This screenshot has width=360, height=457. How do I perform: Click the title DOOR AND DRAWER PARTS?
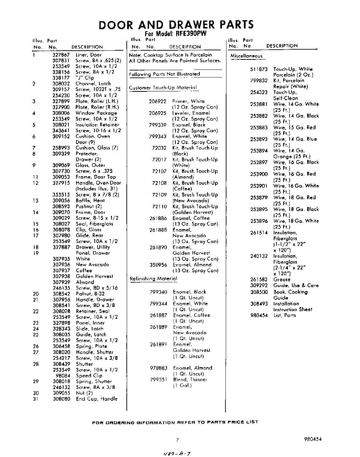click(176, 25)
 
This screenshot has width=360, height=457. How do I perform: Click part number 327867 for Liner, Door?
click(61, 55)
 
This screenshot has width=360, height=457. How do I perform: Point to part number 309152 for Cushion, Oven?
click(61, 136)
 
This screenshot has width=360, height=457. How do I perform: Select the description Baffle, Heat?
click(90, 200)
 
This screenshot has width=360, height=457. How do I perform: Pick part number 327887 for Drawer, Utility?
click(61, 247)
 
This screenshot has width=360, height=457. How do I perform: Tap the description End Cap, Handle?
click(97, 399)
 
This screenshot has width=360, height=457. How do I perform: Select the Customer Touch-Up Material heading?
click(163, 88)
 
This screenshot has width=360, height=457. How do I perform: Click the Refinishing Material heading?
click(154, 278)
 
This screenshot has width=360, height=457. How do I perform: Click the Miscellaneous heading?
click(246, 56)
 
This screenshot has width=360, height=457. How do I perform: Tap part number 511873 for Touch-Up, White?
click(259, 69)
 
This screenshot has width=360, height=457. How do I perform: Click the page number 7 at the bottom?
click(177, 440)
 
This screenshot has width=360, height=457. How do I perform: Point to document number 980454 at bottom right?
click(313, 439)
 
